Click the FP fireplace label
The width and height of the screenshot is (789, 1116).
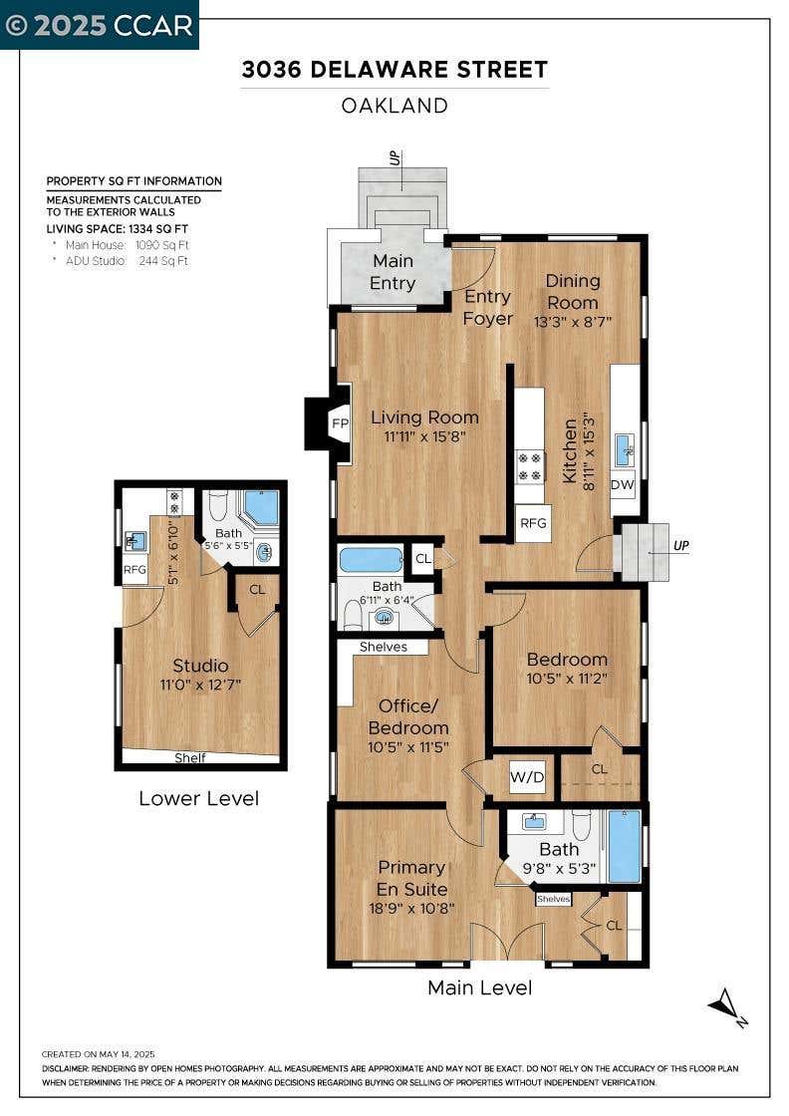(x=340, y=423)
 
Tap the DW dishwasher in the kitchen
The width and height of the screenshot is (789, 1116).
(x=623, y=484)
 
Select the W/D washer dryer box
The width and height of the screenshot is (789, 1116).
(x=527, y=777)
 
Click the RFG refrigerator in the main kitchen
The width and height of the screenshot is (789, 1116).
(x=533, y=523)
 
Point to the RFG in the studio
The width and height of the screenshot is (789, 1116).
(x=134, y=569)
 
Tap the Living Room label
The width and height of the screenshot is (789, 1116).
(x=424, y=418)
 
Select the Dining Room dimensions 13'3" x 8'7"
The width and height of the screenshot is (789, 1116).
(x=573, y=321)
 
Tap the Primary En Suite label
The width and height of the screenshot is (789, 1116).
(x=411, y=878)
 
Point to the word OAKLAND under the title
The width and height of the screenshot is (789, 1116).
(x=394, y=106)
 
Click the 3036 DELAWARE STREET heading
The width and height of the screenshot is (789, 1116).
(x=394, y=69)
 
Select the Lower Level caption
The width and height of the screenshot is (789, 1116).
(x=198, y=798)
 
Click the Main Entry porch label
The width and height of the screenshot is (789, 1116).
(x=393, y=272)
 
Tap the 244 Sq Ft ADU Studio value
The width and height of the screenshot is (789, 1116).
(x=163, y=261)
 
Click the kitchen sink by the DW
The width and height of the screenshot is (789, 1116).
(x=624, y=448)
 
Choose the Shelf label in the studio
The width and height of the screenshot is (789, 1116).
(x=190, y=758)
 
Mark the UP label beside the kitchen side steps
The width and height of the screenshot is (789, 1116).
(x=680, y=545)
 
